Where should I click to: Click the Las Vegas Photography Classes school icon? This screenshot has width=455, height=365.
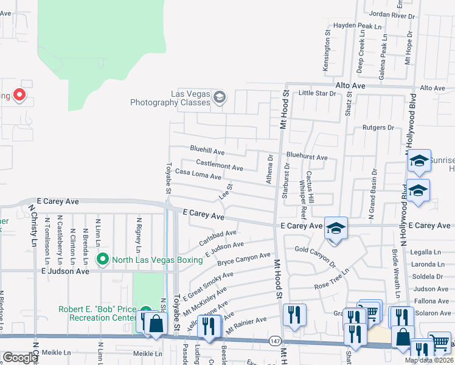click(x=220, y=96)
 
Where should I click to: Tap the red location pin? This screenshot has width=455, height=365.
click(x=19, y=95)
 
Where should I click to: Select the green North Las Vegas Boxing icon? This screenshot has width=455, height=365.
click(x=102, y=260)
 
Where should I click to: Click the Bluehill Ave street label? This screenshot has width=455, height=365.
click(x=207, y=149)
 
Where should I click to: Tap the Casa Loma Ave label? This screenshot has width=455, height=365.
click(x=198, y=174)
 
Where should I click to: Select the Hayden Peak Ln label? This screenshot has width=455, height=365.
click(x=357, y=27)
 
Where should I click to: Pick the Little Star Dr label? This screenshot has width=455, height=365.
click(x=317, y=93)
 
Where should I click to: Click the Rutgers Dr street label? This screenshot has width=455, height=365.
click(x=378, y=128)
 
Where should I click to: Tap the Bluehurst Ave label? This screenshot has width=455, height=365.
click(x=307, y=157)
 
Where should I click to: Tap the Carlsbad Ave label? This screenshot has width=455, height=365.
click(x=217, y=237)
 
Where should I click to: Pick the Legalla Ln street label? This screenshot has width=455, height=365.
click(x=426, y=251)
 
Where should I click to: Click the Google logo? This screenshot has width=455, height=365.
click(x=21, y=358)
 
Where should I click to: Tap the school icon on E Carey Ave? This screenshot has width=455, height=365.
click(x=335, y=229)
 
